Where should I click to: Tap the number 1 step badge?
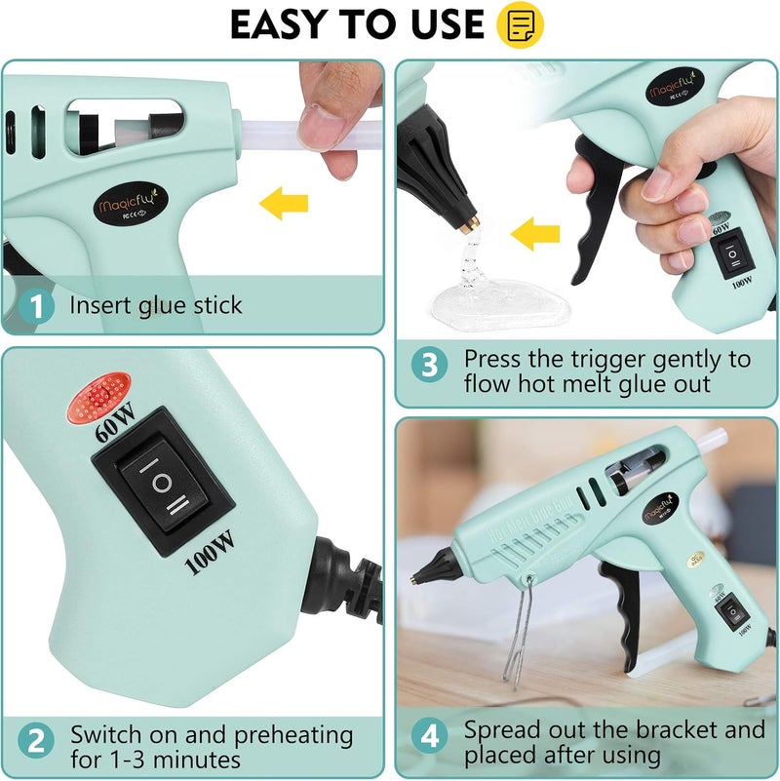(37, 306)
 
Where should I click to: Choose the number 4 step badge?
(430, 742)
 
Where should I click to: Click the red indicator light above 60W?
(98, 403)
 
